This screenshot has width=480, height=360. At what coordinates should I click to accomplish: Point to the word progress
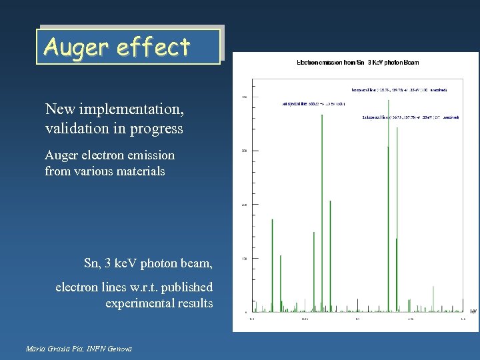(159, 128)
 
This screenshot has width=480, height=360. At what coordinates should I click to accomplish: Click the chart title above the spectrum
(357, 63)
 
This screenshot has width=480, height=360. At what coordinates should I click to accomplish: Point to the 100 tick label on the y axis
(244, 258)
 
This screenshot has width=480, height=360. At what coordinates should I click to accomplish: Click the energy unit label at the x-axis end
(473, 311)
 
